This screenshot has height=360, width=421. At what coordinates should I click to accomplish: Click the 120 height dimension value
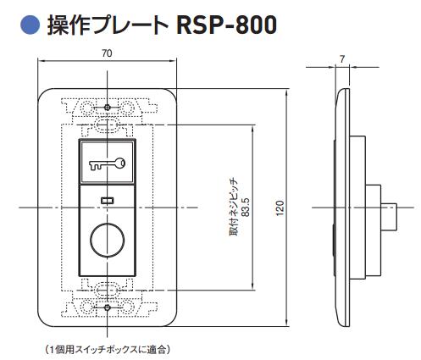pyautogui.click(x=280, y=206)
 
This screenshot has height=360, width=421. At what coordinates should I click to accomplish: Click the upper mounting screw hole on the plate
pyautogui.click(x=108, y=108)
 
